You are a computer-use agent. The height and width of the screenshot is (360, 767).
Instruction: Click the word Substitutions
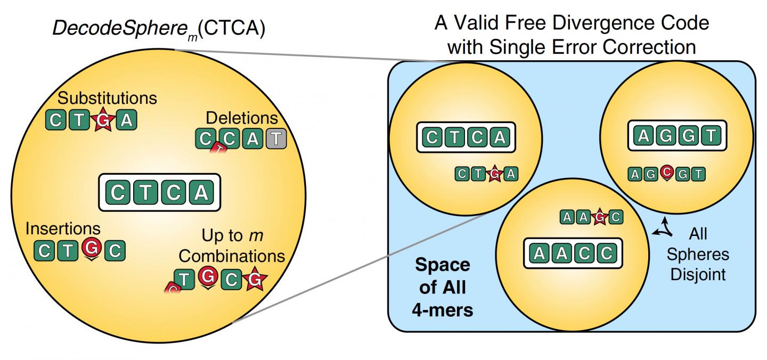point(108,98)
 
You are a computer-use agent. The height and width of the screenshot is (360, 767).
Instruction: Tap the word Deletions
point(242,118)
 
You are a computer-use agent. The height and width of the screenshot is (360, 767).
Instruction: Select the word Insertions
point(63,228)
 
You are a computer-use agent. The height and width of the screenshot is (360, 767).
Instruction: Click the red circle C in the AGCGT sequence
point(666,173)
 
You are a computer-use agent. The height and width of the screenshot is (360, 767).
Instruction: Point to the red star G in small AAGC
point(600,217)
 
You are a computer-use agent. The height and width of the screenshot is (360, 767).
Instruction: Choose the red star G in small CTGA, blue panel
point(495,173)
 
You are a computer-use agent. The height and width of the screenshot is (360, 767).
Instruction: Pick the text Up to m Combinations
point(232,245)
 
